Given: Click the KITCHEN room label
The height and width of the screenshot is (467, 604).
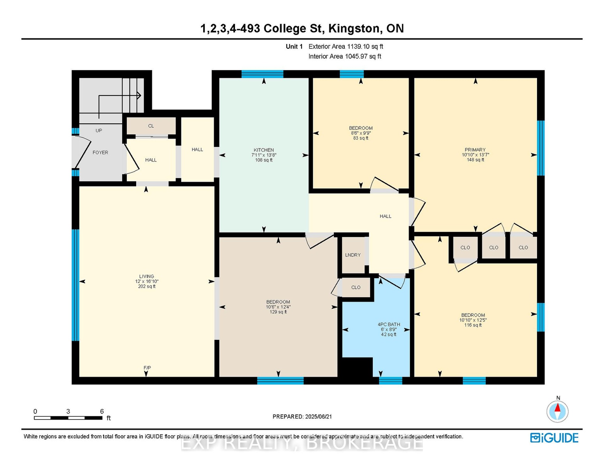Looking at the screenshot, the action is (263, 150).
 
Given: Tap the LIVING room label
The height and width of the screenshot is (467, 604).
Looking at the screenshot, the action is (146, 276).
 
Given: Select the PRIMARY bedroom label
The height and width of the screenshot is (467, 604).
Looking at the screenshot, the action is (475, 150).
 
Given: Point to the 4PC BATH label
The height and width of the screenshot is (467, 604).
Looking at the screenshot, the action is (388, 324).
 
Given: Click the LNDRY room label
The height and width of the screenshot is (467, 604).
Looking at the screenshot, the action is (353, 255).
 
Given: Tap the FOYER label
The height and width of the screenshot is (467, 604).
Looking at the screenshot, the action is (100, 153).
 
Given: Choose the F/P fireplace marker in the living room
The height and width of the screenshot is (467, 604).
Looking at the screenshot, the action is (147, 368).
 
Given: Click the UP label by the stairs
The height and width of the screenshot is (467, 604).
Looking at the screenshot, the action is (99, 131).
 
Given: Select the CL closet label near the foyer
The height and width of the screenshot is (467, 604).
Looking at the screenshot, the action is (151, 126).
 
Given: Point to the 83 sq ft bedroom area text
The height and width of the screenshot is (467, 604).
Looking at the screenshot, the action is (360, 138).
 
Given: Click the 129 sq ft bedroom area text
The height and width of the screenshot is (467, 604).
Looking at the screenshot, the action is (278, 312).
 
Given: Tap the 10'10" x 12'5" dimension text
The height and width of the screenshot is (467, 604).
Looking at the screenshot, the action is (473, 320).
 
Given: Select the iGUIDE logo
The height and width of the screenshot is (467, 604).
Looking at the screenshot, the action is (554, 438).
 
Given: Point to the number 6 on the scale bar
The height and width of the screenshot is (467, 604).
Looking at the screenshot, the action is (102, 411).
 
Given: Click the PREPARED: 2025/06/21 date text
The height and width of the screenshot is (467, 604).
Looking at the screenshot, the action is (302, 417).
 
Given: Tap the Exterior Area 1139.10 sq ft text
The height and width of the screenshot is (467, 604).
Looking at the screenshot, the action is (346, 46).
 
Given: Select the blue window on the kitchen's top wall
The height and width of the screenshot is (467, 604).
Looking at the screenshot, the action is (262, 74).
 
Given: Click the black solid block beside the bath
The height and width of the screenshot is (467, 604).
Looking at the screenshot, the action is (357, 367).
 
